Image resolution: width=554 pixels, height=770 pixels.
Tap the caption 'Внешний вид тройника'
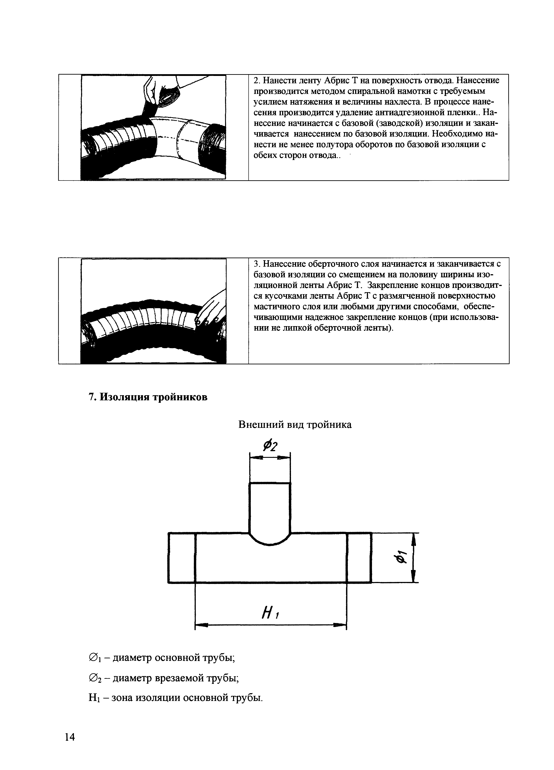[295, 424]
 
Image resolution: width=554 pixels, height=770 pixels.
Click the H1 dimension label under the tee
[271, 613]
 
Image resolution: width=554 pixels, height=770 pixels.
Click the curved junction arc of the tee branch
[270, 542]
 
